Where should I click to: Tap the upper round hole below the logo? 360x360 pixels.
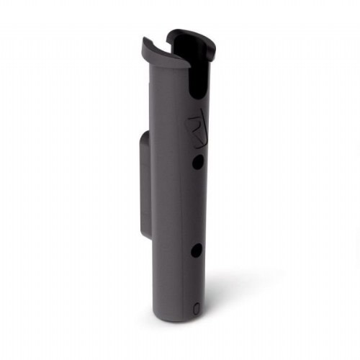[197, 163]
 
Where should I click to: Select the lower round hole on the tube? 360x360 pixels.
[195, 251]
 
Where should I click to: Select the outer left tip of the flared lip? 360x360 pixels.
[143, 42]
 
